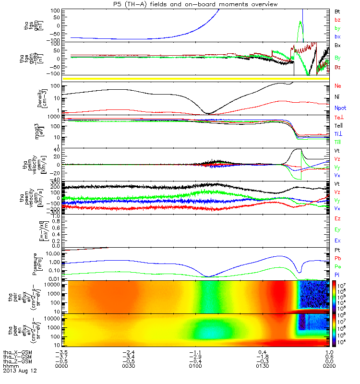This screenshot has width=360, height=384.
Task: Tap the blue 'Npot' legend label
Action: (339, 108)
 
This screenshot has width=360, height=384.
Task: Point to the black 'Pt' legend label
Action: (336, 250)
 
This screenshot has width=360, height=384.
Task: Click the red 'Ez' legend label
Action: (337, 218)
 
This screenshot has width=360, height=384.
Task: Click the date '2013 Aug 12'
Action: (20, 371)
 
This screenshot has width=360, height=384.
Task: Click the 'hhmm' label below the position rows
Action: (11, 366)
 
